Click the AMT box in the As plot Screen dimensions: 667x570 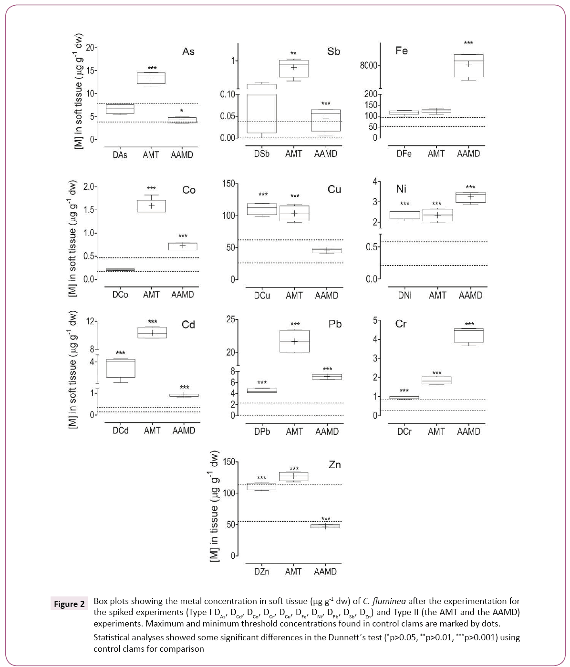pyautogui.click(x=151, y=78)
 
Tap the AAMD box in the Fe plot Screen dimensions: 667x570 pyautogui.click(x=468, y=66)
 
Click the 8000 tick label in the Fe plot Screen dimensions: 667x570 pyautogui.click(x=369, y=65)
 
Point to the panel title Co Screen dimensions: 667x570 pyautogui.click(x=189, y=190)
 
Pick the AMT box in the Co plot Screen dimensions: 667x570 pyautogui.click(x=152, y=206)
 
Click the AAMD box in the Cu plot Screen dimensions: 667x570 pyautogui.click(x=327, y=250)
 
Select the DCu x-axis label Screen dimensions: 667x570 pyautogui.click(x=262, y=296)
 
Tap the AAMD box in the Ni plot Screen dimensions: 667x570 pyautogui.click(x=470, y=197)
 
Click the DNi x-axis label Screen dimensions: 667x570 pyautogui.click(x=404, y=296)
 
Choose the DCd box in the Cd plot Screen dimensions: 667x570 pyautogui.click(x=120, y=368)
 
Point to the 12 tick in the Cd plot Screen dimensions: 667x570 pyautogui.click(x=90, y=321)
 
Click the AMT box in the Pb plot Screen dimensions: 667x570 pyautogui.click(x=295, y=341)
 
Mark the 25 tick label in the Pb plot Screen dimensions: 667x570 pyautogui.click(x=231, y=319)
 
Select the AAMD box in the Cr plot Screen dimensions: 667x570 pyautogui.click(x=469, y=335)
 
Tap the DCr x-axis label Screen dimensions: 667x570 pyautogui.click(x=404, y=431)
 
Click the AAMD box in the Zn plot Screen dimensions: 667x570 pyautogui.click(x=325, y=526)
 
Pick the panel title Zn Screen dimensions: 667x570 pyautogui.click(x=335, y=465)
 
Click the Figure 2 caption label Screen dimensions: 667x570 pyautogui.click(x=69, y=604)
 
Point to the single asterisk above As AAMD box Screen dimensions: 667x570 pyautogui.click(x=182, y=111)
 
